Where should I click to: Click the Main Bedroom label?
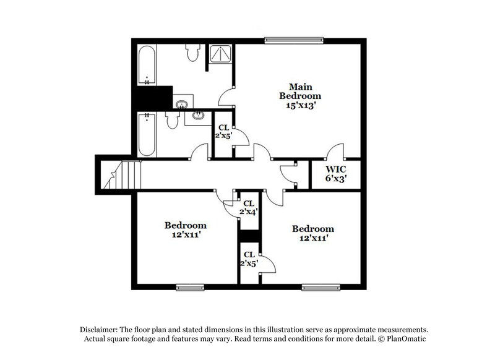point(299,91)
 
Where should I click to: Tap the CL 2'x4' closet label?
point(249,207)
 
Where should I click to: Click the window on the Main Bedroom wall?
point(295,41)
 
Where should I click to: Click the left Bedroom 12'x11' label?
point(185,230)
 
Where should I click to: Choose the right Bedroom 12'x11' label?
point(313,233)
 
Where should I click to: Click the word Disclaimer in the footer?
point(98,330)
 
